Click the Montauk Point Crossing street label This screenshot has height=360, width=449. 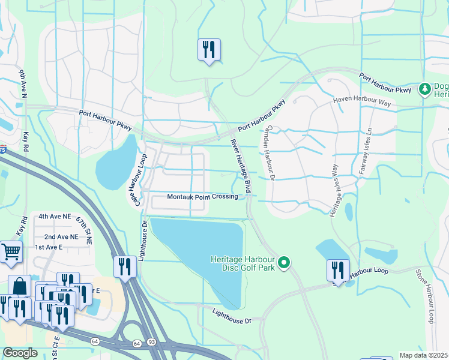coord(202,197)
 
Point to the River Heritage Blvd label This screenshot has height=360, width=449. coord(240,166)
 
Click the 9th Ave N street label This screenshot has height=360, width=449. coord(23,83)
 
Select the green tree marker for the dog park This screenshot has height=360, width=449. coord(425,89)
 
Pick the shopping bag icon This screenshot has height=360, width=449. coord(20,286)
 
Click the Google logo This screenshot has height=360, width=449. coord(20,352)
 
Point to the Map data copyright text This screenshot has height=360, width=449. coord(423,355)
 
